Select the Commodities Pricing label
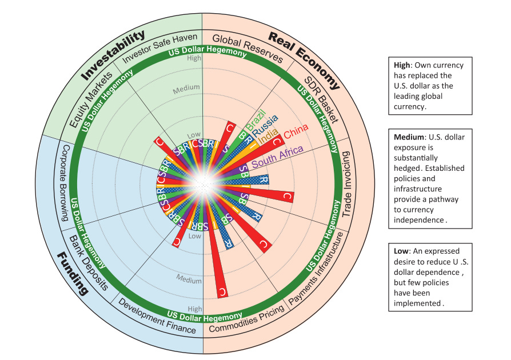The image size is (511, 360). tap(246, 319)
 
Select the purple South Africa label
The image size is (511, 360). tap(278, 157)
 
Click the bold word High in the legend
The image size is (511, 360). tap(403, 65)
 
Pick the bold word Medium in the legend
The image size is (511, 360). tap(411, 138)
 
